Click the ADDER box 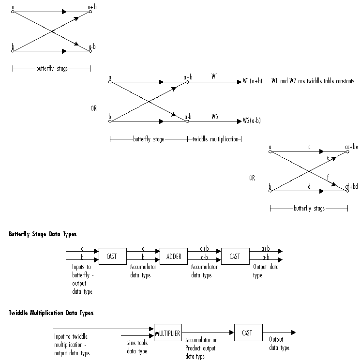[173, 257]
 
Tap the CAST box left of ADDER [112, 257]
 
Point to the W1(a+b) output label [252, 82]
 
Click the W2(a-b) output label [252, 121]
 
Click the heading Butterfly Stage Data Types [43, 234]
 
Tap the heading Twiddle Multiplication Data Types [51, 313]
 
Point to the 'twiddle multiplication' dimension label [215, 139]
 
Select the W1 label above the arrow [214, 76]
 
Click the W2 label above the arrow [214, 116]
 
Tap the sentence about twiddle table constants [313, 81]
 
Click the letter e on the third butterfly [328, 158]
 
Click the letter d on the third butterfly [309, 186]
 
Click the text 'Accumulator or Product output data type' [201, 348]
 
